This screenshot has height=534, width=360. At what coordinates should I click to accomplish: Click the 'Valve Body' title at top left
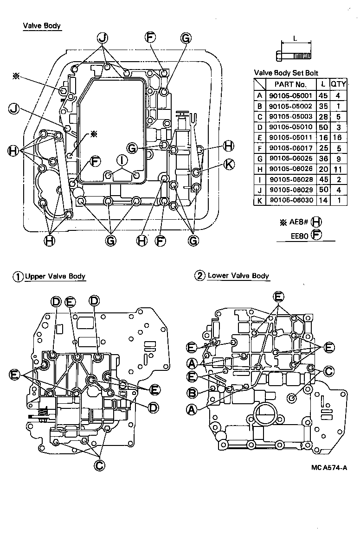tap(42, 26)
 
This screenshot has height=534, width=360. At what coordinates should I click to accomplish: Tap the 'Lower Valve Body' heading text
tap(238, 275)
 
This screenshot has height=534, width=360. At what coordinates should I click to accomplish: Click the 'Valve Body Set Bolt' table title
tap(286, 73)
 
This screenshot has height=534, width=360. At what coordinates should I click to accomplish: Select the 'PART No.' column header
tap(290, 84)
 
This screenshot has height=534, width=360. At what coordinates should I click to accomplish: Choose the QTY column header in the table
tap(338, 84)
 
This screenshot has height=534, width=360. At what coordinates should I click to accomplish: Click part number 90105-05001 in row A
tap(290, 95)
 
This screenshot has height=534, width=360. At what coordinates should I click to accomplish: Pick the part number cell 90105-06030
tap(290, 201)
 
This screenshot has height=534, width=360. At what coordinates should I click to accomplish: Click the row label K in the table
tap(259, 201)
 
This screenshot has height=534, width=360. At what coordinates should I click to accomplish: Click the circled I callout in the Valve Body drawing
tap(122, 160)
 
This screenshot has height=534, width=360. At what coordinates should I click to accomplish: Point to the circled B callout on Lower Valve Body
tap(192, 393)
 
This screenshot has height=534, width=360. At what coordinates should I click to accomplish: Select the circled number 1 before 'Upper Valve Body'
tap(18, 276)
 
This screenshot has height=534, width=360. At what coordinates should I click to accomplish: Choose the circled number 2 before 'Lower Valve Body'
tap(199, 276)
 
